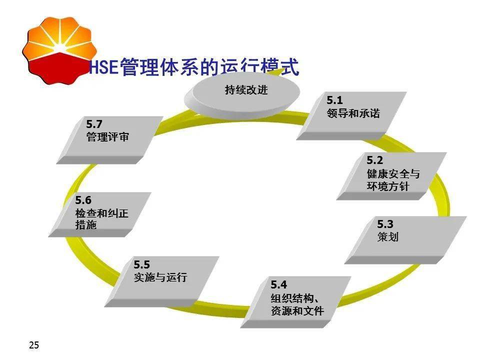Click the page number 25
34,345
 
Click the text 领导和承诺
352,113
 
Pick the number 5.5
141,264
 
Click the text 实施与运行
160,277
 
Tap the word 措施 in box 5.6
86,225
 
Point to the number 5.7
94,123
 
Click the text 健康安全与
393,174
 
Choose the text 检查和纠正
102,213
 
